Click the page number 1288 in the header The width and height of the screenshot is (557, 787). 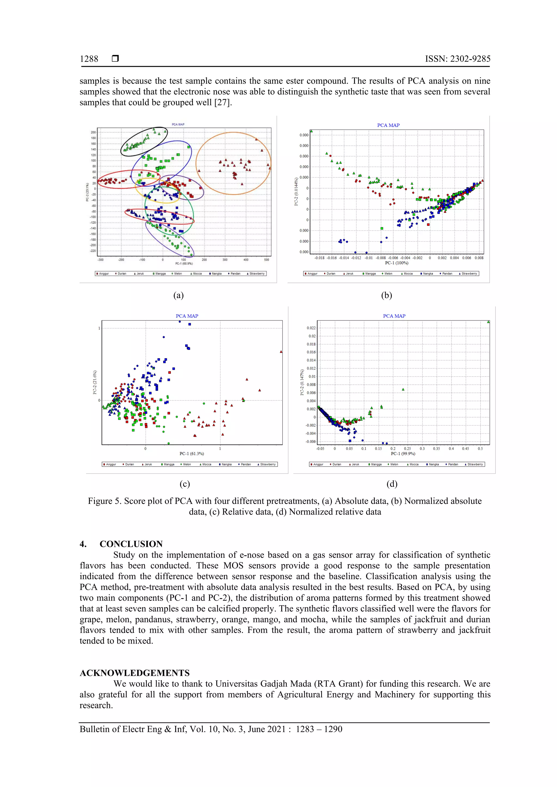coord(89,59)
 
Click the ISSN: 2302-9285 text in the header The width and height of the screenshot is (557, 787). coord(457,59)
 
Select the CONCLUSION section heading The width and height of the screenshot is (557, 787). coord(131,544)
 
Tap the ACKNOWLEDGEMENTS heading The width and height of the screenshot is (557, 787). coord(135,673)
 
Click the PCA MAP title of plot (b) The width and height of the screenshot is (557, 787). coord(388,125)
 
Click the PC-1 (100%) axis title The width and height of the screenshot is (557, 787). coord(396,263)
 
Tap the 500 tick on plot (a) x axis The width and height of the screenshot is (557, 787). coord(267,260)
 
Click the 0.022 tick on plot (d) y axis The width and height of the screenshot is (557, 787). coord(311,328)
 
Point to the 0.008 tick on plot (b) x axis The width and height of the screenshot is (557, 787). coord(479,258)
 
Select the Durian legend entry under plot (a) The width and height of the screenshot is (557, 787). coord(121,274)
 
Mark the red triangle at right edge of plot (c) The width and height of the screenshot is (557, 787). coord(281,352)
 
